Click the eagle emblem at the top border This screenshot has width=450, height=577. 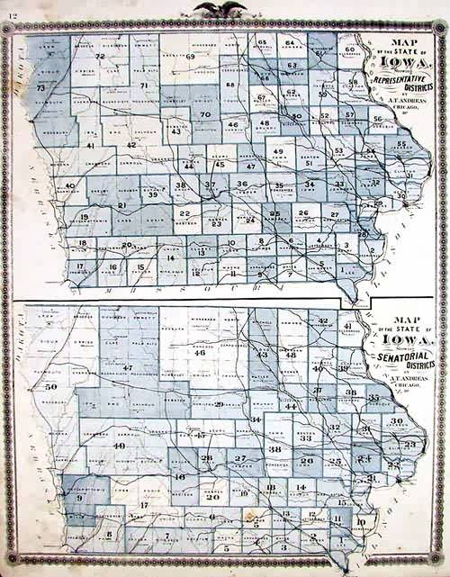click(x=224, y=10)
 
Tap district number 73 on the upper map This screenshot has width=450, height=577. click(x=40, y=88)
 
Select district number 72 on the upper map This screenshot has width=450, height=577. click(x=100, y=57)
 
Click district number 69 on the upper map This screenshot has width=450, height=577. click(x=191, y=57)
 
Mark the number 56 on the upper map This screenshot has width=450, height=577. click(x=377, y=119)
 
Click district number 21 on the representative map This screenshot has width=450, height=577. click(x=121, y=205)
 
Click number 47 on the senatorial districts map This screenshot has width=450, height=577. click(x=128, y=368)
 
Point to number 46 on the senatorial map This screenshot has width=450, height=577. click(x=200, y=353)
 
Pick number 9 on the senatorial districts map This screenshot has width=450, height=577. click(x=79, y=497)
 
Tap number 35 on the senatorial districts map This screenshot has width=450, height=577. click(x=373, y=397)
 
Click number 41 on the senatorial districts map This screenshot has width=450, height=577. click(x=346, y=326)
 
